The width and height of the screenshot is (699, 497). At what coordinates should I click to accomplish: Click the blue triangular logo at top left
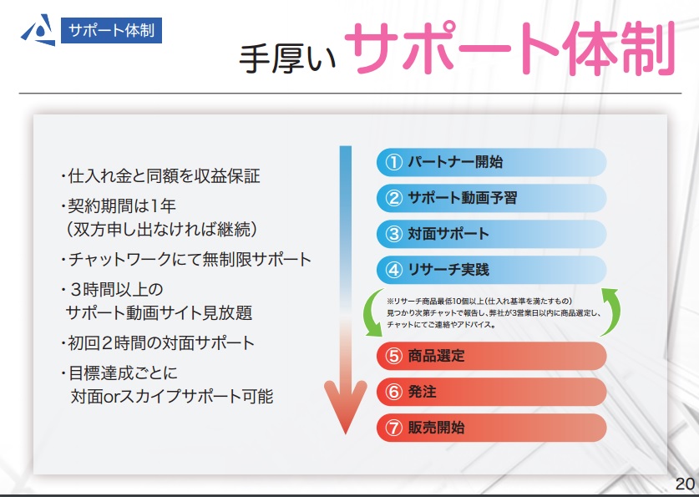38,30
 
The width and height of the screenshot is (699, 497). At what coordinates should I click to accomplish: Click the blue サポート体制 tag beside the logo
111,30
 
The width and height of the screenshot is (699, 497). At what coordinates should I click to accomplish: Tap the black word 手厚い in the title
287,58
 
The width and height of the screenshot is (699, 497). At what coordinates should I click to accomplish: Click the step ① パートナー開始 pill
491,162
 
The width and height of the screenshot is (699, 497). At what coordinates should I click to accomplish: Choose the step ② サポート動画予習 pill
491,198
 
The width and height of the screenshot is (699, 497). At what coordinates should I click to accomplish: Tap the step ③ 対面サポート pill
491,234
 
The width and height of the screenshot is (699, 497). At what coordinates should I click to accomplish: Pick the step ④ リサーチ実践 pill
491,270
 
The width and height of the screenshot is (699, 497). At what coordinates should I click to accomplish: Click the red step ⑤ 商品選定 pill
491,356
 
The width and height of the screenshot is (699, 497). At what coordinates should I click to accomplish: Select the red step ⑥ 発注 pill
491,392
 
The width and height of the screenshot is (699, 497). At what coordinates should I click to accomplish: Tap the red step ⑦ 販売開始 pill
491,428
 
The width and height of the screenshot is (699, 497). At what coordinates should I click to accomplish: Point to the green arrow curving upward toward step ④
615,312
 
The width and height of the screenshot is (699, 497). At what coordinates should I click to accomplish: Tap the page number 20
685,484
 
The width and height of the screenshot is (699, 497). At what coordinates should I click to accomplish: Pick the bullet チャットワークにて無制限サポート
186,260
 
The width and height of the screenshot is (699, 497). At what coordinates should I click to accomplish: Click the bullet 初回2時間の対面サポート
157,343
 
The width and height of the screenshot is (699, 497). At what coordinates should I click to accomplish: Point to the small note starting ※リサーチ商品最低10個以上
494,313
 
